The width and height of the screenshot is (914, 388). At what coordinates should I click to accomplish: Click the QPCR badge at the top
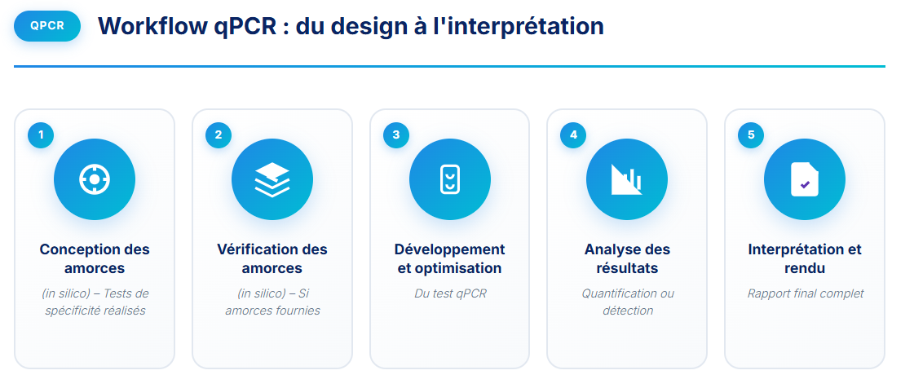[46, 25]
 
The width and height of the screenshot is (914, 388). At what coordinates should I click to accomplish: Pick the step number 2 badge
[218, 135]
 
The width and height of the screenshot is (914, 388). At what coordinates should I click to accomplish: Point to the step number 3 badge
[395, 135]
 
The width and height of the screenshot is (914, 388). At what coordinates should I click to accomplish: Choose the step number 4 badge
[573, 135]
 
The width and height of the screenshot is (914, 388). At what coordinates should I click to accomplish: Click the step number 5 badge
[751, 135]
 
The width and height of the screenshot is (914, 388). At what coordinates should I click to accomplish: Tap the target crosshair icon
[95, 179]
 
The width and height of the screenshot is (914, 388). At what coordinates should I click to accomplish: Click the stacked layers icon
[272, 179]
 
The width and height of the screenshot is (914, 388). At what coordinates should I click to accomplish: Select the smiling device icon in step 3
[450, 179]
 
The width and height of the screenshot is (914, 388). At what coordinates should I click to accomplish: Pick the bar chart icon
[627, 179]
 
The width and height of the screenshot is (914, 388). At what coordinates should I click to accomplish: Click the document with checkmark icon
[805, 179]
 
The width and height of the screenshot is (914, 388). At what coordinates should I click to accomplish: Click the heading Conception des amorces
[95, 258]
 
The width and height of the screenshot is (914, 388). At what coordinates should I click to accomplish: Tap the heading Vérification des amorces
[272, 258]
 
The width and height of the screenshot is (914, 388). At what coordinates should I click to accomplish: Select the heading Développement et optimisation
[450, 258]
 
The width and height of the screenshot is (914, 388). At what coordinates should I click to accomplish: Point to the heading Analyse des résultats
[627, 258]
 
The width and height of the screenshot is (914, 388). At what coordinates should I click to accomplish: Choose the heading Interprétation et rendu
[805, 258]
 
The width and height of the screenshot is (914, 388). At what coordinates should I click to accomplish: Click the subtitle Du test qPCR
[450, 293]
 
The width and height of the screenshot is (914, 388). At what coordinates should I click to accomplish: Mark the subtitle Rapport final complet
[805, 293]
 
